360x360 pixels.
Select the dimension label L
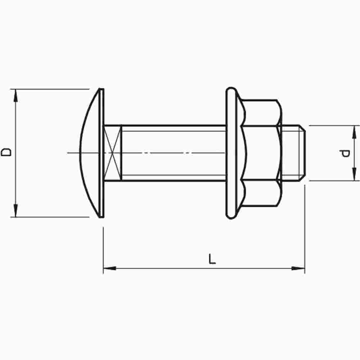tap(212, 259)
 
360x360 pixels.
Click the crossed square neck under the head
tap(112, 153)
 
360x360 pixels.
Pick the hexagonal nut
tap(261, 153)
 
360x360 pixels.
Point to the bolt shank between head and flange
tap(173, 153)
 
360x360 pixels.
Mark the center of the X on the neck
tap(112, 153)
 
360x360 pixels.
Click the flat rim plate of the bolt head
tap(102, 153)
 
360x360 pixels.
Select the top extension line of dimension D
tap(50, 89)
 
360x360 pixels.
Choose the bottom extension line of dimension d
tap(333, 181)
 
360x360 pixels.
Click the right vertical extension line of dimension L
tap(305, 230)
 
